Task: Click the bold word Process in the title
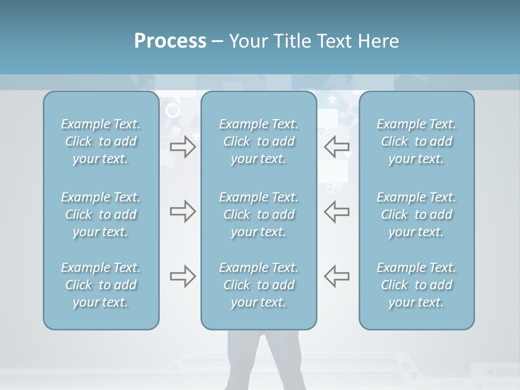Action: point(170,41)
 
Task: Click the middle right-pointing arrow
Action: point(183,212)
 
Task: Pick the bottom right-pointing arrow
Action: point(183,276)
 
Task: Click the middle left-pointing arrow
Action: point(337,212)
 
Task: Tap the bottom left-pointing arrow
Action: point(337,276)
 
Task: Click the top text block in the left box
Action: point(101,141)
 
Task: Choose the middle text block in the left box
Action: point(101,214)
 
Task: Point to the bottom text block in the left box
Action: point(101,285)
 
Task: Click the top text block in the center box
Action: point(259,141)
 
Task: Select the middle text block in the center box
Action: point(259,214)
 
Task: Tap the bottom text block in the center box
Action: point(259,285)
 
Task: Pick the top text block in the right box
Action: point(417,141)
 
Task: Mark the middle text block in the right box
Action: point(417,214)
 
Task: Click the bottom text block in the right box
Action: point(417,285)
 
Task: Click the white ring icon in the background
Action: point(173,110)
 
